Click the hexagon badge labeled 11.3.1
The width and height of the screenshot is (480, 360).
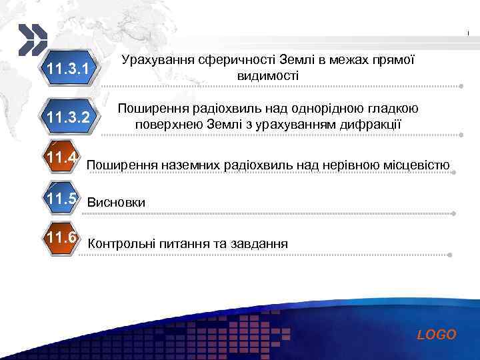(69, 69)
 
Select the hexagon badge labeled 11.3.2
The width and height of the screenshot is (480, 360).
(69, 118)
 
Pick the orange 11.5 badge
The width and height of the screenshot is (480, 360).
(63, 199)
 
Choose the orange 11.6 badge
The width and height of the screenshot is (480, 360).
(63, 239)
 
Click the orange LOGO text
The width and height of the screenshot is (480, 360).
(437, 335)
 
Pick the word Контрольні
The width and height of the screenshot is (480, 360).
(121, 244)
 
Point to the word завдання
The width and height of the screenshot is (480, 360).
(260, 244)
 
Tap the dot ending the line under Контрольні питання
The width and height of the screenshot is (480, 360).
(451, 255)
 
